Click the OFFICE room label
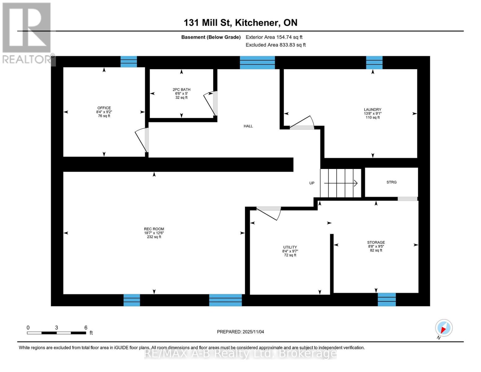point(104,108)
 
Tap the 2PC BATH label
point(181,90)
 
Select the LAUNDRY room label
point(372,110)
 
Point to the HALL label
point(248,126)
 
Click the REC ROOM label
point(154,229)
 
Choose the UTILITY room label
point(290,247)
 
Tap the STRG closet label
point(391,182)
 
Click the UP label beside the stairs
point(312,183)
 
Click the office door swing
point(142,140)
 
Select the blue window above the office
point(129,62)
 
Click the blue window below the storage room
point(387,299)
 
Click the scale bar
point(56,333)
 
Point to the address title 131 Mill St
point(240,23)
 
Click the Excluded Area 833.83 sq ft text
point(275,45)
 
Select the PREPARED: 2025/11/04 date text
point(240,332)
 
